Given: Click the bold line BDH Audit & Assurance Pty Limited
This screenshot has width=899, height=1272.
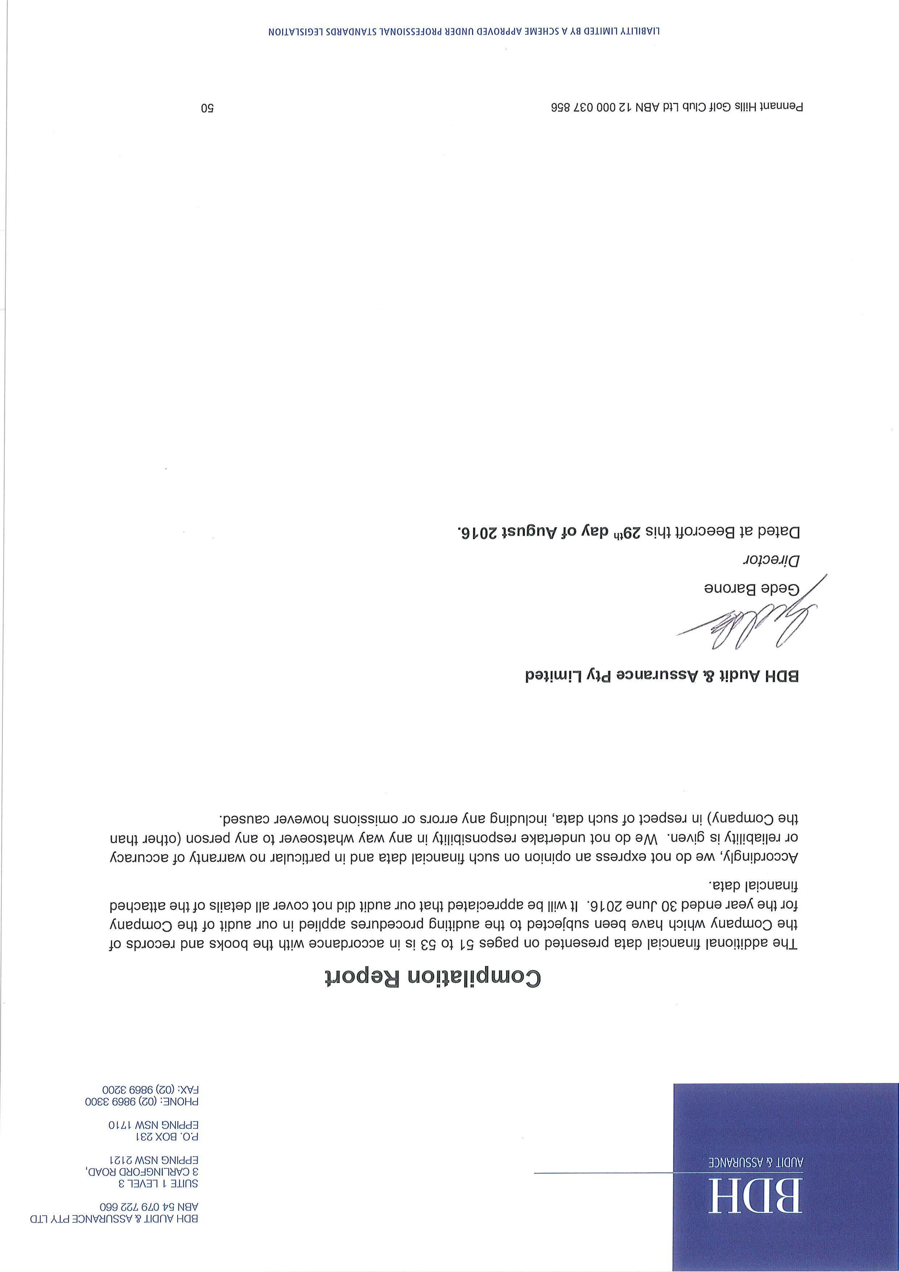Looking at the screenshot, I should (x=662, y=677).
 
